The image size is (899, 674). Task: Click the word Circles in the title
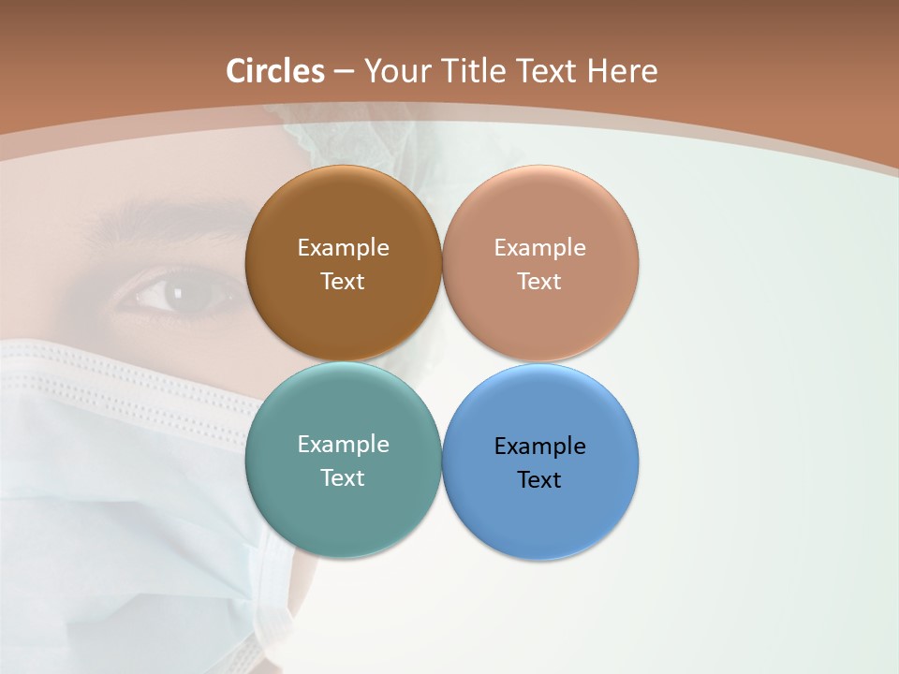tap(275, 71)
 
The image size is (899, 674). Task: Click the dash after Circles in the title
tap(344, 72)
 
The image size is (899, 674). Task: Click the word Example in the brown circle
tap(343, 248)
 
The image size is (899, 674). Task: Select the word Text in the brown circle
tap(343, 282)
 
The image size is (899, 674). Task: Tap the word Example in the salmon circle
tap(539, 248)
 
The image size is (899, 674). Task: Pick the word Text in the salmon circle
tap(539, 282)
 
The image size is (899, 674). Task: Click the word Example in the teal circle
tap(343, 445)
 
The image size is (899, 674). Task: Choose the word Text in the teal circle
tap(343, 478)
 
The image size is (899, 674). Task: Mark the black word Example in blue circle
tap(539, 447)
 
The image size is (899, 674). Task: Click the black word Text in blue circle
tap(539, 480)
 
